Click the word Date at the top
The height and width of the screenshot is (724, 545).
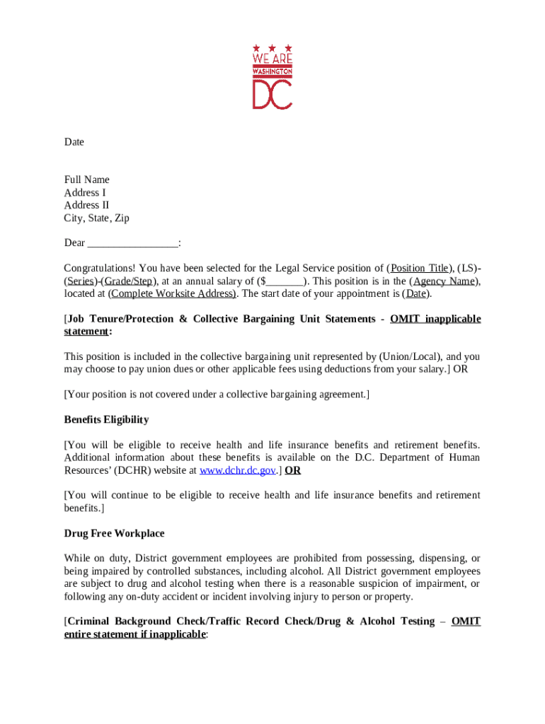74,142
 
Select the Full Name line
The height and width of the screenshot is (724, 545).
87,180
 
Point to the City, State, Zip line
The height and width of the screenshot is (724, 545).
97,218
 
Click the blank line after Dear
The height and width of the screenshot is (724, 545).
132,243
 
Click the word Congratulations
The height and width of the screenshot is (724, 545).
100,268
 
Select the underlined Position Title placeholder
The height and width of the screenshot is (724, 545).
419,268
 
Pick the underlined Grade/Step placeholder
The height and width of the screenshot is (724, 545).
131,281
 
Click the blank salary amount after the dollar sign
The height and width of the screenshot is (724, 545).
285,281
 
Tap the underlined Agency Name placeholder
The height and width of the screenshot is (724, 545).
444,281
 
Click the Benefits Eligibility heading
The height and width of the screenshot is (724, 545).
106,419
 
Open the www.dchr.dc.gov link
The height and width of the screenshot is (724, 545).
238,470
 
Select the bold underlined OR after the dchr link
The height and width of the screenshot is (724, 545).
292,470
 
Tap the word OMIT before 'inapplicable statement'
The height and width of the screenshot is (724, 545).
405,319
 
